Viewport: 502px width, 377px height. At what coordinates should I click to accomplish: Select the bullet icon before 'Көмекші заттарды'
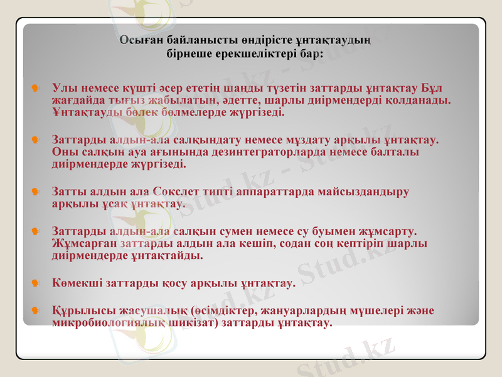tap(36, 283)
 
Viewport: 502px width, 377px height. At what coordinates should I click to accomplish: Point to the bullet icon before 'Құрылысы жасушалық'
tap(36, 310)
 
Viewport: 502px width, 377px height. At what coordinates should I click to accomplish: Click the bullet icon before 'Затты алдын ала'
tap(36, 191)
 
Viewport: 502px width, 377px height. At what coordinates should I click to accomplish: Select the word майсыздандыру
tap(362, 191)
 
